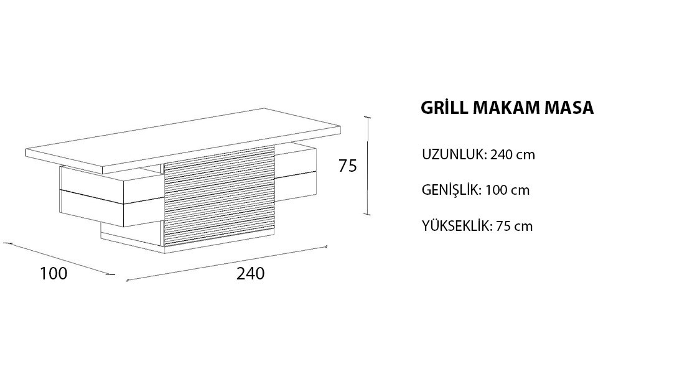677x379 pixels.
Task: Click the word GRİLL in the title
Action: pyautogui.click(x=444, y=108)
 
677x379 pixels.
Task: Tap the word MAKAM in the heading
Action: pyautogui.click(x=506, y=108)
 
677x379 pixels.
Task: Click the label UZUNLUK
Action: pyautogui.click(x=455, y=154)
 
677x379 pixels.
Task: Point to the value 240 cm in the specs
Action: pyautogui.click(x=513, y=154)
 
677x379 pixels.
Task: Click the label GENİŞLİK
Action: pyautogui.click(x=452, y=190)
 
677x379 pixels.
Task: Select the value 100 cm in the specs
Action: pyautogui.click(x=507, y=190)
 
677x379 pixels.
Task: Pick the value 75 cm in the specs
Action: pyautogui.click(x=514, y=226)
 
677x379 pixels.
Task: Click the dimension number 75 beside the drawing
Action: pyautogui.click(x=348, y=166)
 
